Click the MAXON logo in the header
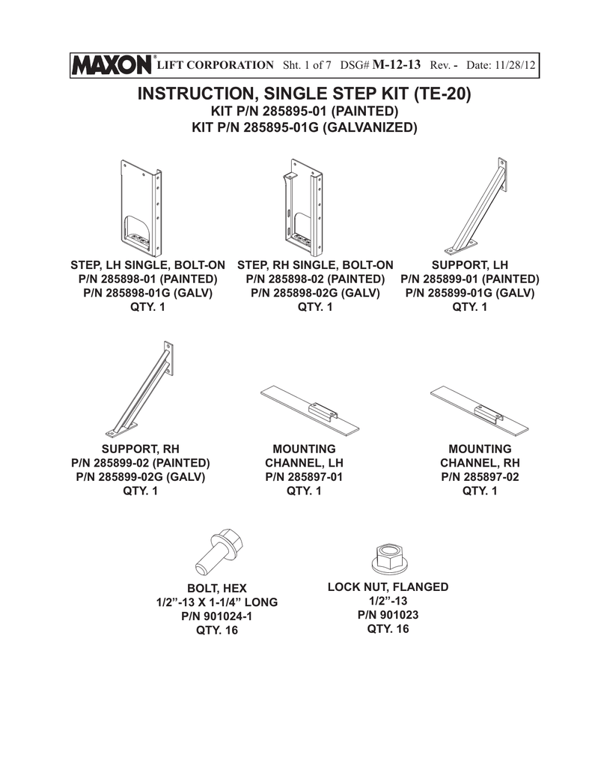tap(112, 65)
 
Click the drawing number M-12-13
tap(396, 64)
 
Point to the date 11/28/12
tap(515, 65)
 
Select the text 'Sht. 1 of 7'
tap(307, 65)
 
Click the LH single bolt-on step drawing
tap(141, 208)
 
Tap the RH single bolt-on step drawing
tap(302, 207)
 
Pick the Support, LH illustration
tap(476, 206)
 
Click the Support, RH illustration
tap(140, 389)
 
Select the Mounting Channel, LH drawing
tap(310, 409)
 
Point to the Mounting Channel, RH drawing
tap(480, 410)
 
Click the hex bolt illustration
tap(219, 551)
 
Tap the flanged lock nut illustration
tap(390, 558)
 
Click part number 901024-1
tap(216, 616)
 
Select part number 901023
tap(388, 615)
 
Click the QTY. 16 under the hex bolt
tap(217, 630)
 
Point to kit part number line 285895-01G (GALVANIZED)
tap(305, 127)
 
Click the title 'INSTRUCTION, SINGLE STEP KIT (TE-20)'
tap(304, 94)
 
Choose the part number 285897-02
tap(480, 477)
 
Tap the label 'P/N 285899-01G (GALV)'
tap(470, 293)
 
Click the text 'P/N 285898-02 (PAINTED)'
tap(315, 279)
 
